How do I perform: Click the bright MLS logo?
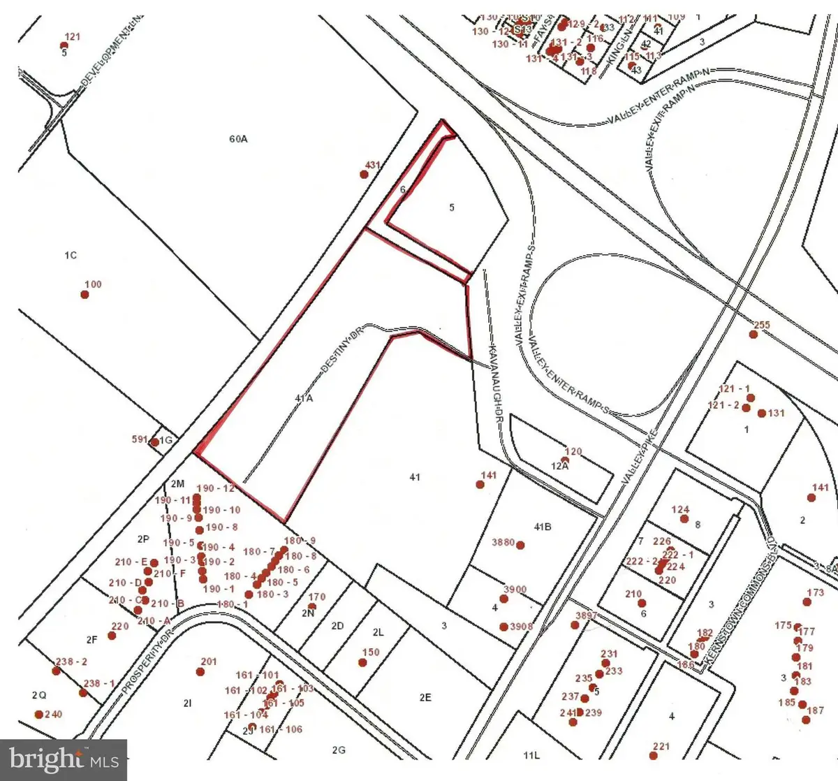tap(64, 759)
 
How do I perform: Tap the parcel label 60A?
tap(238, 139)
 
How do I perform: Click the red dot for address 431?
tap(364, 174)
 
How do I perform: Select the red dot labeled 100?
tap(85, 294)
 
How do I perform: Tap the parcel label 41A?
tap(304, 398)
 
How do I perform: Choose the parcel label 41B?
tap(542, 527)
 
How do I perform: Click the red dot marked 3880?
tap(520, 545)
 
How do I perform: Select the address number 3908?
tap(521, 627)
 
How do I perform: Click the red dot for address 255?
tap(753, 335)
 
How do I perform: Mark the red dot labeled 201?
tap(200, 672)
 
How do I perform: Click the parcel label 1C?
tap(71, 256)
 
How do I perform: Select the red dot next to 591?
tap(154, 441)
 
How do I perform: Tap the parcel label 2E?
tap(425, 697)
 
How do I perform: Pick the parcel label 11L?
tap(531, 755)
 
